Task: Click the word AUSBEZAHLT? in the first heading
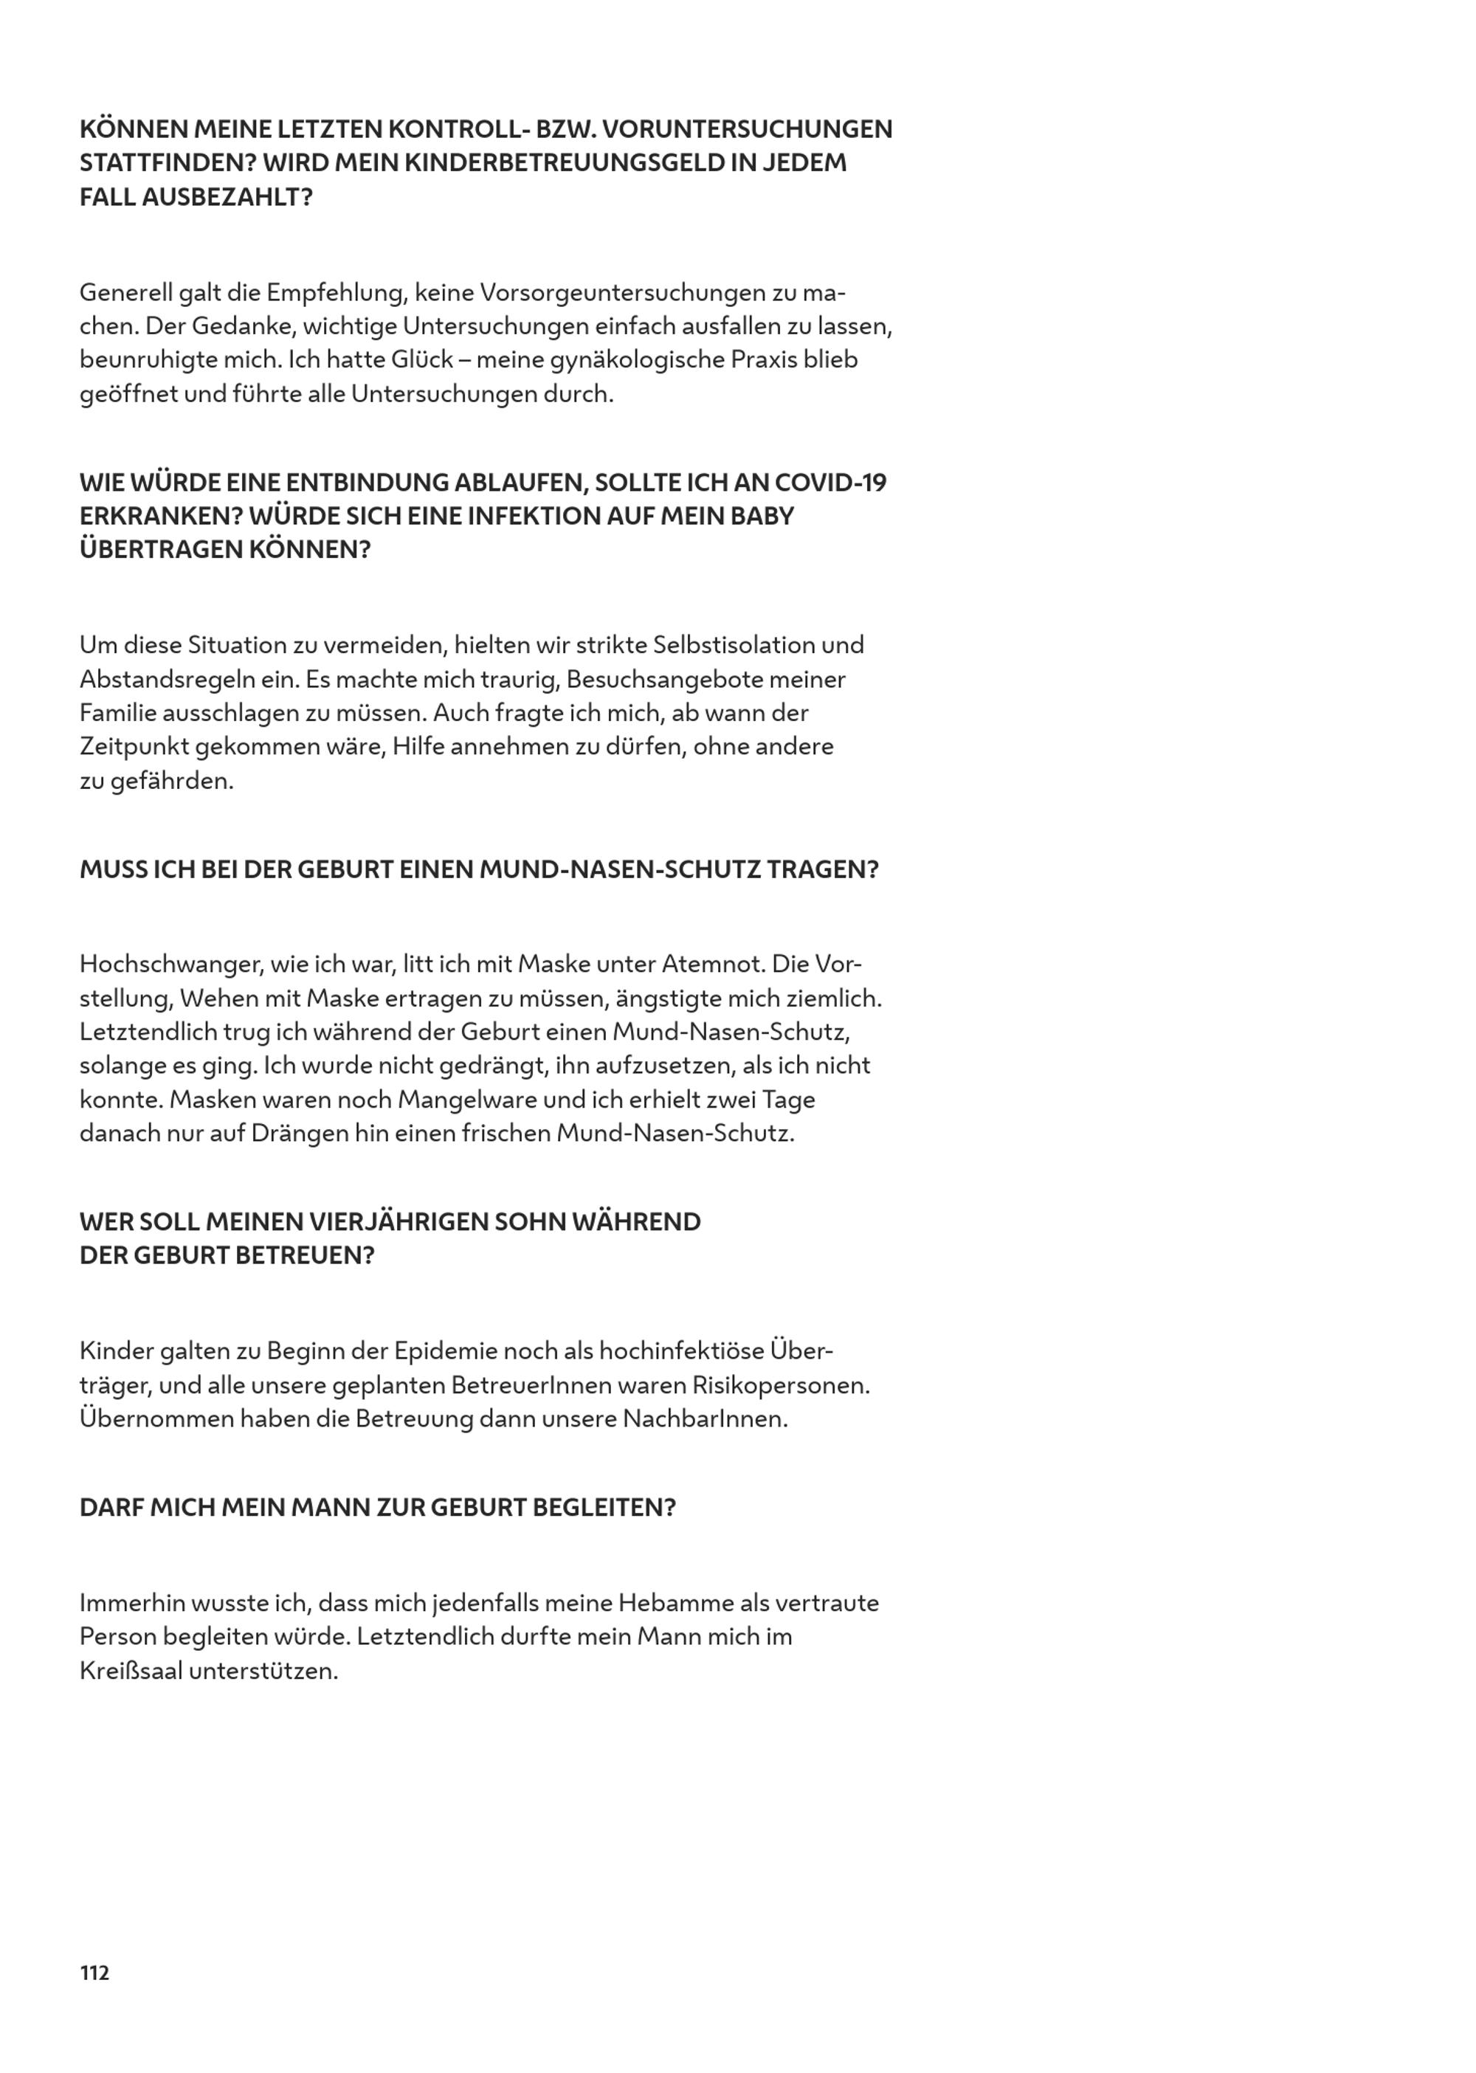227,197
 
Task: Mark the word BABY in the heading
765,516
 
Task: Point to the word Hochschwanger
168,965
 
